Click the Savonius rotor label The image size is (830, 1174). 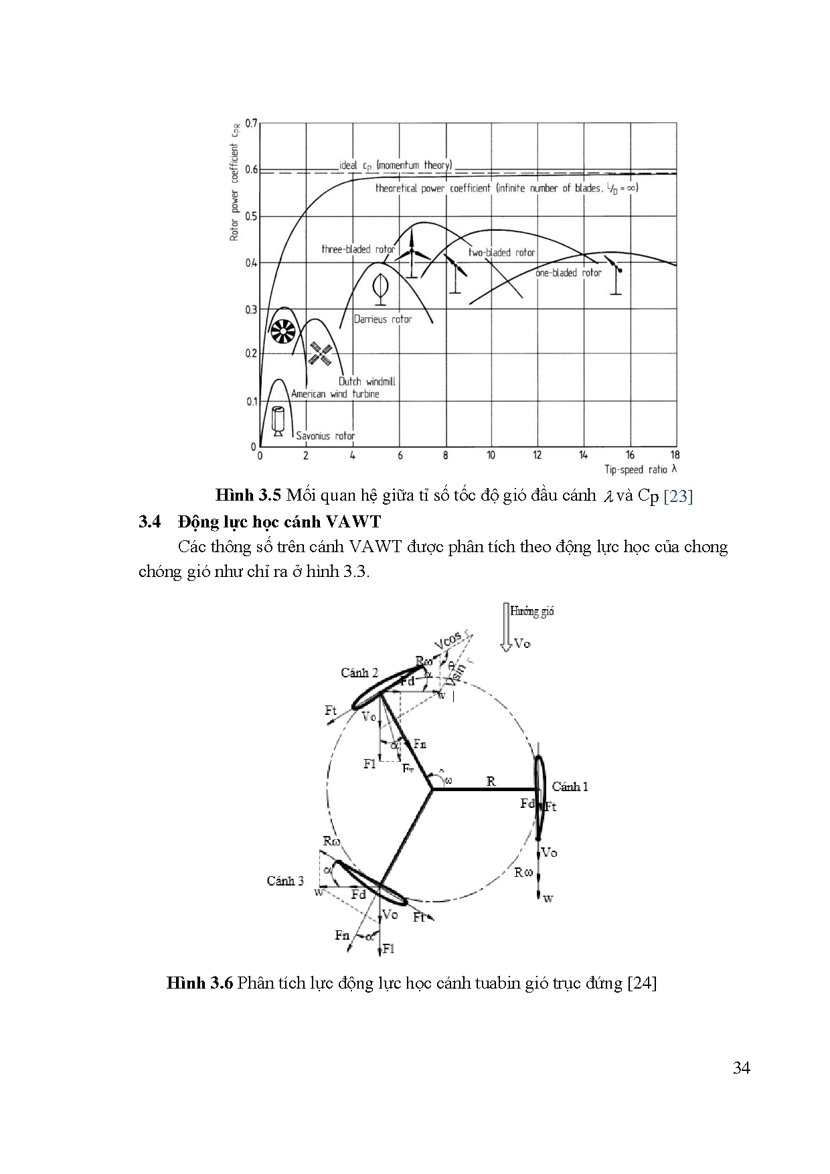pyautogui.click(x=325, y=436)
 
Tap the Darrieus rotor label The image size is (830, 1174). pyautogui.click(x=383, y=319)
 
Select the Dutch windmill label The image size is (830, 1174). pyautogui.click(x=367, y=382)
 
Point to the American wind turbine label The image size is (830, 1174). pyautogui.click(x=335, y=394)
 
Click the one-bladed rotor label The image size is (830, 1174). pyautogui.click(x=568, y=273)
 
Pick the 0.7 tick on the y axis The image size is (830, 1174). pyautogui.click(x=251, y=123)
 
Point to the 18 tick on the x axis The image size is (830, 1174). pyautogui.click(x=675, y=455)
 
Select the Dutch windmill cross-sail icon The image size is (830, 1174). pyautogui.click(x=321, y=353)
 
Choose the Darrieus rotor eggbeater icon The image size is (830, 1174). pyautogui.click(x=380, y=286)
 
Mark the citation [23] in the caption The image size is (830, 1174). pyautogui.click(x=677, y=496)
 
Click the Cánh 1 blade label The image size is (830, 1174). pyautogui.click(x=570, y=786)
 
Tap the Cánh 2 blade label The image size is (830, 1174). pyautogui.click(x=359, y=673)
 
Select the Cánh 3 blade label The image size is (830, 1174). pyautogui.click(x=285, y=881)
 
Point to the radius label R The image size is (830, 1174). pyautogui.click(x=491, y=781)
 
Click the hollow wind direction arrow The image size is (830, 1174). pyautogui.click(x=505, y=625)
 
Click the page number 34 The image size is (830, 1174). pyautogui.click(x=741, y=1068)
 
